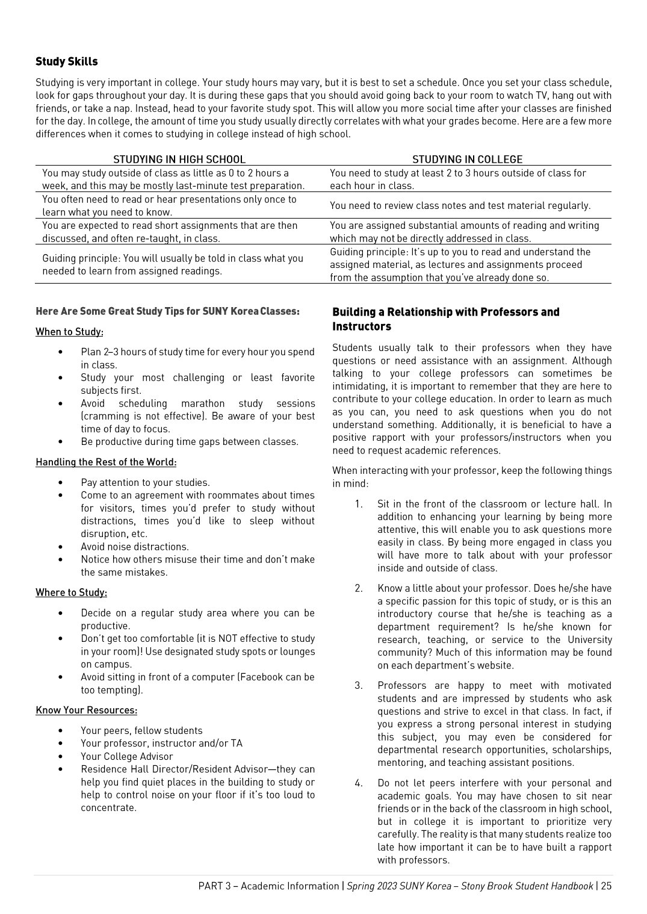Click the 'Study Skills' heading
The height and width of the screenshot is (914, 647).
point(66,61)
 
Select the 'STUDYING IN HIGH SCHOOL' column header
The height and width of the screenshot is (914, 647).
point(179,160)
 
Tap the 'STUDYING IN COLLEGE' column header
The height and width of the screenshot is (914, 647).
point(467,160)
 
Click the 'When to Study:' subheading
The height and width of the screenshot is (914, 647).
point(69,332)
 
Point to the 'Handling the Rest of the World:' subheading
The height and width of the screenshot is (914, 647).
point(106,462)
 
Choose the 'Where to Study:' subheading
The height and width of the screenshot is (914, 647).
point(71,592)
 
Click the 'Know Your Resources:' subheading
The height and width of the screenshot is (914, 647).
point(87,710)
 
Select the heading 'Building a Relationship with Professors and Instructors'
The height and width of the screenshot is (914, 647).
point(445,319)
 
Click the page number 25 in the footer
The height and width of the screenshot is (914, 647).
point(605,886)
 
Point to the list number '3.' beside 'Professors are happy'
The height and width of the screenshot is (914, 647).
point(359,685)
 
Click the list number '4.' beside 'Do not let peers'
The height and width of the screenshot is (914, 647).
point(359,783)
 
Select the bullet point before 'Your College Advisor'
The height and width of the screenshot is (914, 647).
point(61,756)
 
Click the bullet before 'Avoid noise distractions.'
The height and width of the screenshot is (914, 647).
point(61,547)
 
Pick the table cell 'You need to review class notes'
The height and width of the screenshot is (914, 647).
point(460,205)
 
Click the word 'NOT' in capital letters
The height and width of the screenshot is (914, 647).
point(228,638)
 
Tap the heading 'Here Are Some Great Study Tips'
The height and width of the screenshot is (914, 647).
point(167,311)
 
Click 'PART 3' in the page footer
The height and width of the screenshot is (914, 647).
point(214,886)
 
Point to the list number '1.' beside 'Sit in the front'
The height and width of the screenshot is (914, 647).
point(359,504)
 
